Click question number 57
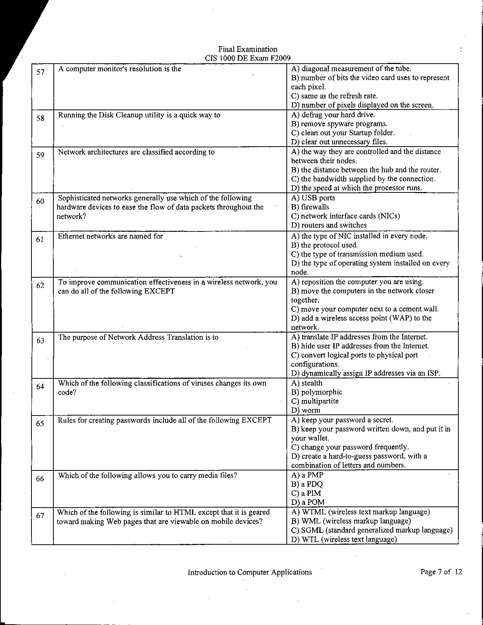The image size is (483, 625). click(41, 72)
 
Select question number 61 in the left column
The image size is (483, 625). click(40, 239)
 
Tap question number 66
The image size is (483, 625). click(40, 479)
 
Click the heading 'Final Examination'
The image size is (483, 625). click(247, 49)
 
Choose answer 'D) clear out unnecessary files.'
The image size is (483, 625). click(339, 142)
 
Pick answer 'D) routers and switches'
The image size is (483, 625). click(329, 225)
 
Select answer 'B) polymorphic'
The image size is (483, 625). click(316, 392)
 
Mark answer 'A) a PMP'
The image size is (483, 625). click(307, 475)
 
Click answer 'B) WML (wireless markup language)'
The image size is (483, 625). click(351, 521)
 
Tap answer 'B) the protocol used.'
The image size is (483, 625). click(324, 245)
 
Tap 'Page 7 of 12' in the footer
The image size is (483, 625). click(441, 572)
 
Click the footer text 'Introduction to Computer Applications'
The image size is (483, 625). click(250, 572)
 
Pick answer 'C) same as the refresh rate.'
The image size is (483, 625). click(335, 96)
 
